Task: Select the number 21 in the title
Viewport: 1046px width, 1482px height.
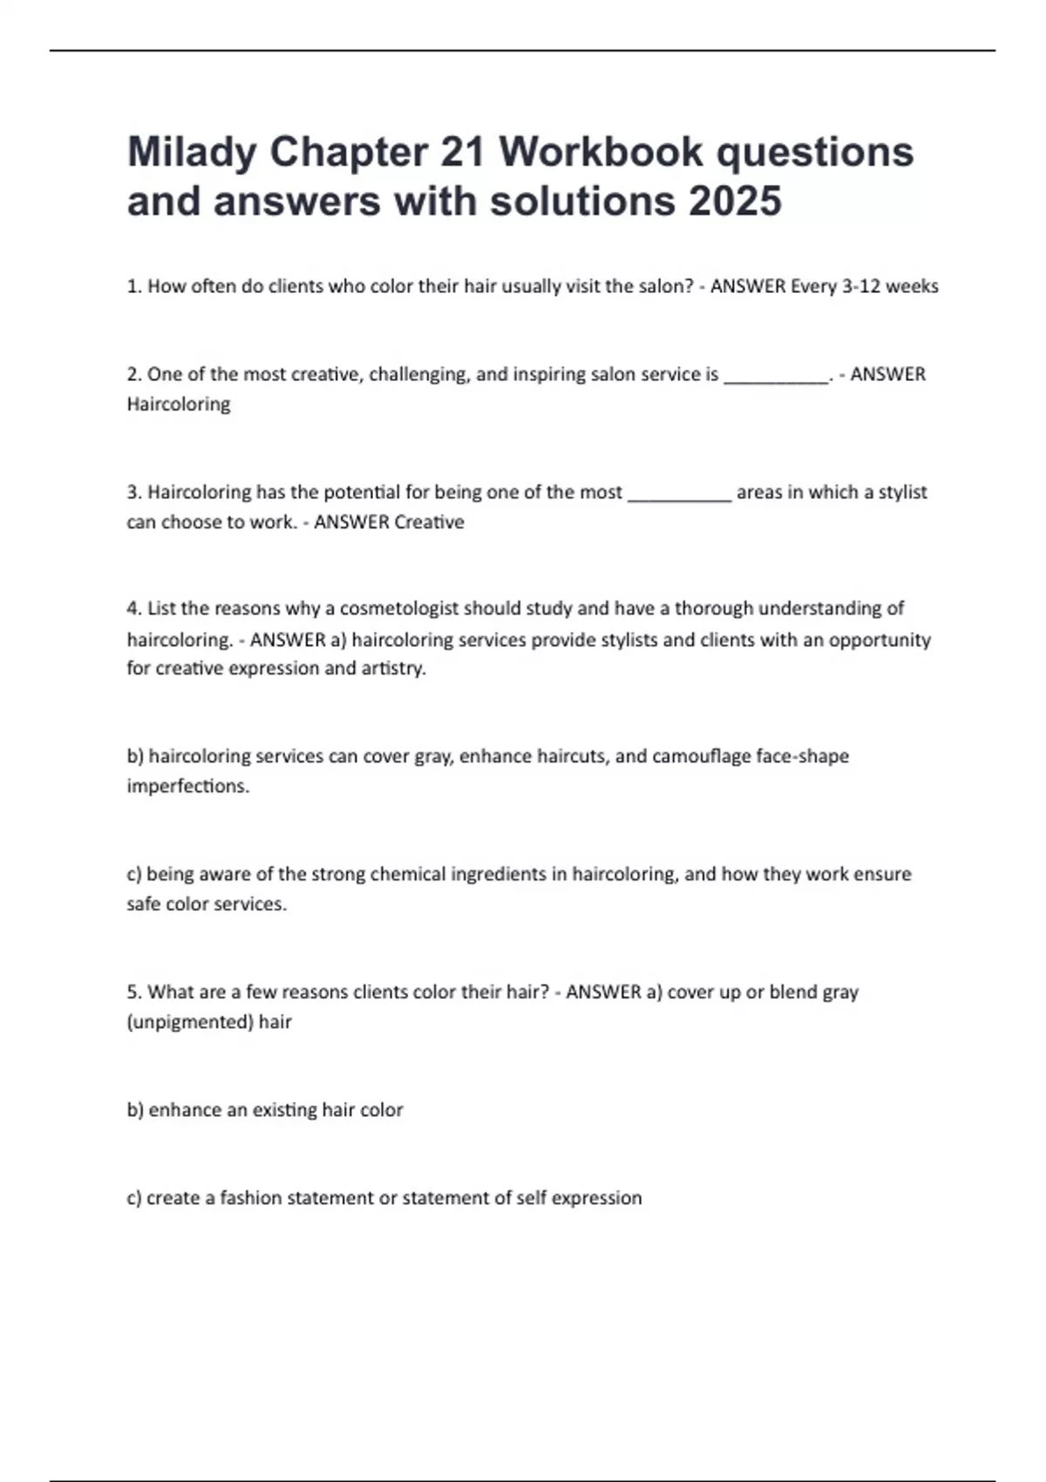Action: [463, 153]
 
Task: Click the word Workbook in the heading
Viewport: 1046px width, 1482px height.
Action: [601, 153]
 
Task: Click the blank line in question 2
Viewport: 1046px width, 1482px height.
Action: [776, 376]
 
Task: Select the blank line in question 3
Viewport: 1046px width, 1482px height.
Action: [679, 493]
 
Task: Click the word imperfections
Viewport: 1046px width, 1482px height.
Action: [188, 786]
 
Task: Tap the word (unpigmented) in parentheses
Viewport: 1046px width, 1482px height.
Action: [189, 1022]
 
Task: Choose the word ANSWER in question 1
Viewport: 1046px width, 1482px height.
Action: [747, 286]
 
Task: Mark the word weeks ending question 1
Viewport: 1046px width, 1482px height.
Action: [912, 286]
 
